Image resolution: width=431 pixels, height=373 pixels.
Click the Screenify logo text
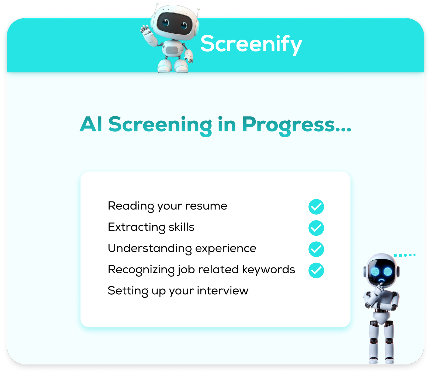[251, 44]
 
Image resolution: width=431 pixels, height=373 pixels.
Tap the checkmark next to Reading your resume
[316, 207]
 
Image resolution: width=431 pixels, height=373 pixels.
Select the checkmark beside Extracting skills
[316, 228]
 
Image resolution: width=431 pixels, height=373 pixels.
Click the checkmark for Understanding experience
[316, 249]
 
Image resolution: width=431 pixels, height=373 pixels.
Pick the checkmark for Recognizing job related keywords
[316, 270]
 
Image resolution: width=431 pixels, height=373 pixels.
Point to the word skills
[182, 227]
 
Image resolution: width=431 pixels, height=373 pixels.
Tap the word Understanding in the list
[150, 249]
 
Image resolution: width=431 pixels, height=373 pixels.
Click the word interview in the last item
[223, 291]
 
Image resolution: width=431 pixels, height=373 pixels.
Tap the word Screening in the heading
[160, 125]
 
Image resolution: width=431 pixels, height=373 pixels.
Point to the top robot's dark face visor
[174, 23]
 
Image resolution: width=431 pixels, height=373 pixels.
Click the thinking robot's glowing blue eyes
[381, 271]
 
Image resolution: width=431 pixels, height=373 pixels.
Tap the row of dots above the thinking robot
[405, 255]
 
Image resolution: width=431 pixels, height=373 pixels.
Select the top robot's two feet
[173, 66]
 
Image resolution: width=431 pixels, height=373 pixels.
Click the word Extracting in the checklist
[137, 227]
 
